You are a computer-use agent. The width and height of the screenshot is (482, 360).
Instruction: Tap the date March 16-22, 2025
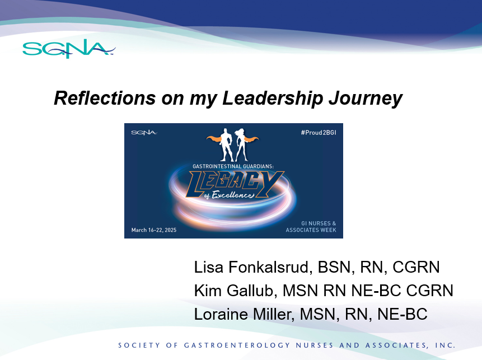point(153,230)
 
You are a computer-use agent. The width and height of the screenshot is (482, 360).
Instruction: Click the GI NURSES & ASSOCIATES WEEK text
point(311,227)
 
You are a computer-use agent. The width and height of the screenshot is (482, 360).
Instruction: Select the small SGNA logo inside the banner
point(144,133)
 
